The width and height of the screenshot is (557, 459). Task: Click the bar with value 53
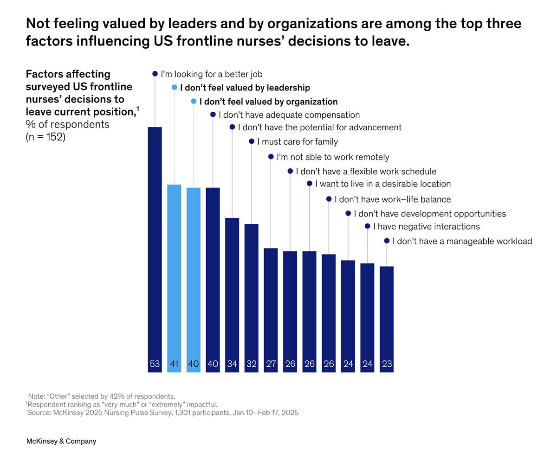(x=155, y=246)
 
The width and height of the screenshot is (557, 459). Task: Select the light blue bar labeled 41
(x=174, y=274)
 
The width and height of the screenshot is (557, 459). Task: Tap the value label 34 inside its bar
(x=232, y=364)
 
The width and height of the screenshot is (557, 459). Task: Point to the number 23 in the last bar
(x=387, y=364)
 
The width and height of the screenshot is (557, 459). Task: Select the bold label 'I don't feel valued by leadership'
(x=245, y=87)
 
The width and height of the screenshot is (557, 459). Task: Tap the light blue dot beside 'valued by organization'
(x=194, y=101)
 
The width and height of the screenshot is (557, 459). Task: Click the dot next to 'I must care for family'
(x=252, y=141)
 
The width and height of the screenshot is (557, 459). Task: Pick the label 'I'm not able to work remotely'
(x=332, y=157)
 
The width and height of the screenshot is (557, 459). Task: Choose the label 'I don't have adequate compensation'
(x=289, y=115)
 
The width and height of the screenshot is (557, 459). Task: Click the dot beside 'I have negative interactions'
(x=367, y=226)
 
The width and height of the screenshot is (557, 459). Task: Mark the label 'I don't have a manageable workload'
(x=462, y=241)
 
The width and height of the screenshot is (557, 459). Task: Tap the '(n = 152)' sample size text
(x=45, y=137)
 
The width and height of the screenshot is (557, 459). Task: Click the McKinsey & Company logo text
(x=61, y=441)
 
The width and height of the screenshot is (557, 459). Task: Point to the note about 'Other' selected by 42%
(x=101, y=396)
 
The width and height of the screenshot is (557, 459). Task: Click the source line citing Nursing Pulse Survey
(x=162, y=412)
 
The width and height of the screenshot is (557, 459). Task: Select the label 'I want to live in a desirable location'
(x=382, y=184)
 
